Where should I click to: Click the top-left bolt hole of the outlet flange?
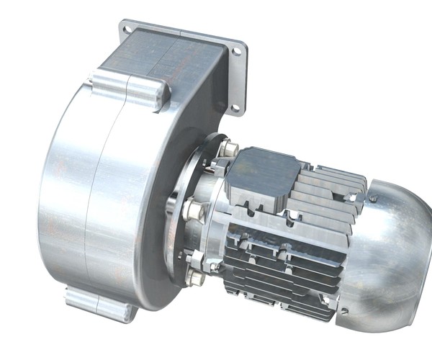(x=127, y=30)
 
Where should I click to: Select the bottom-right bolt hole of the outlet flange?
(x=235, y=107)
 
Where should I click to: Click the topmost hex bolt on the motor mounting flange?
(x=229, y=149)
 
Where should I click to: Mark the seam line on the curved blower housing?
(x=94, y=202)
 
